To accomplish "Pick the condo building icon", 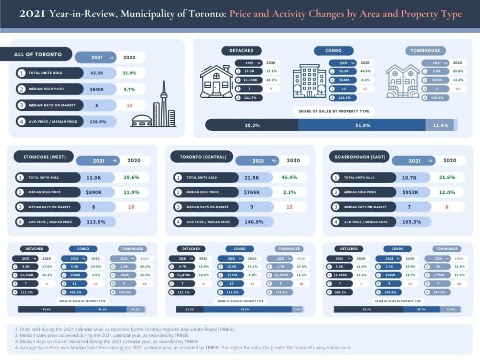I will (309, 81).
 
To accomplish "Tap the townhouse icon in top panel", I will (402, 81).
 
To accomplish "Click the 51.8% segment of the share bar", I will (362, 125).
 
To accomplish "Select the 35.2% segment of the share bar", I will (252, 125).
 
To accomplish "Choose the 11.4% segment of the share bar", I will (440, 125).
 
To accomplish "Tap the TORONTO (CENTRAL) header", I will (202, 157).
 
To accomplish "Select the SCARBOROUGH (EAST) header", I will (360, 157).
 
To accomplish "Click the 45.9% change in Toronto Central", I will (289, 177).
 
